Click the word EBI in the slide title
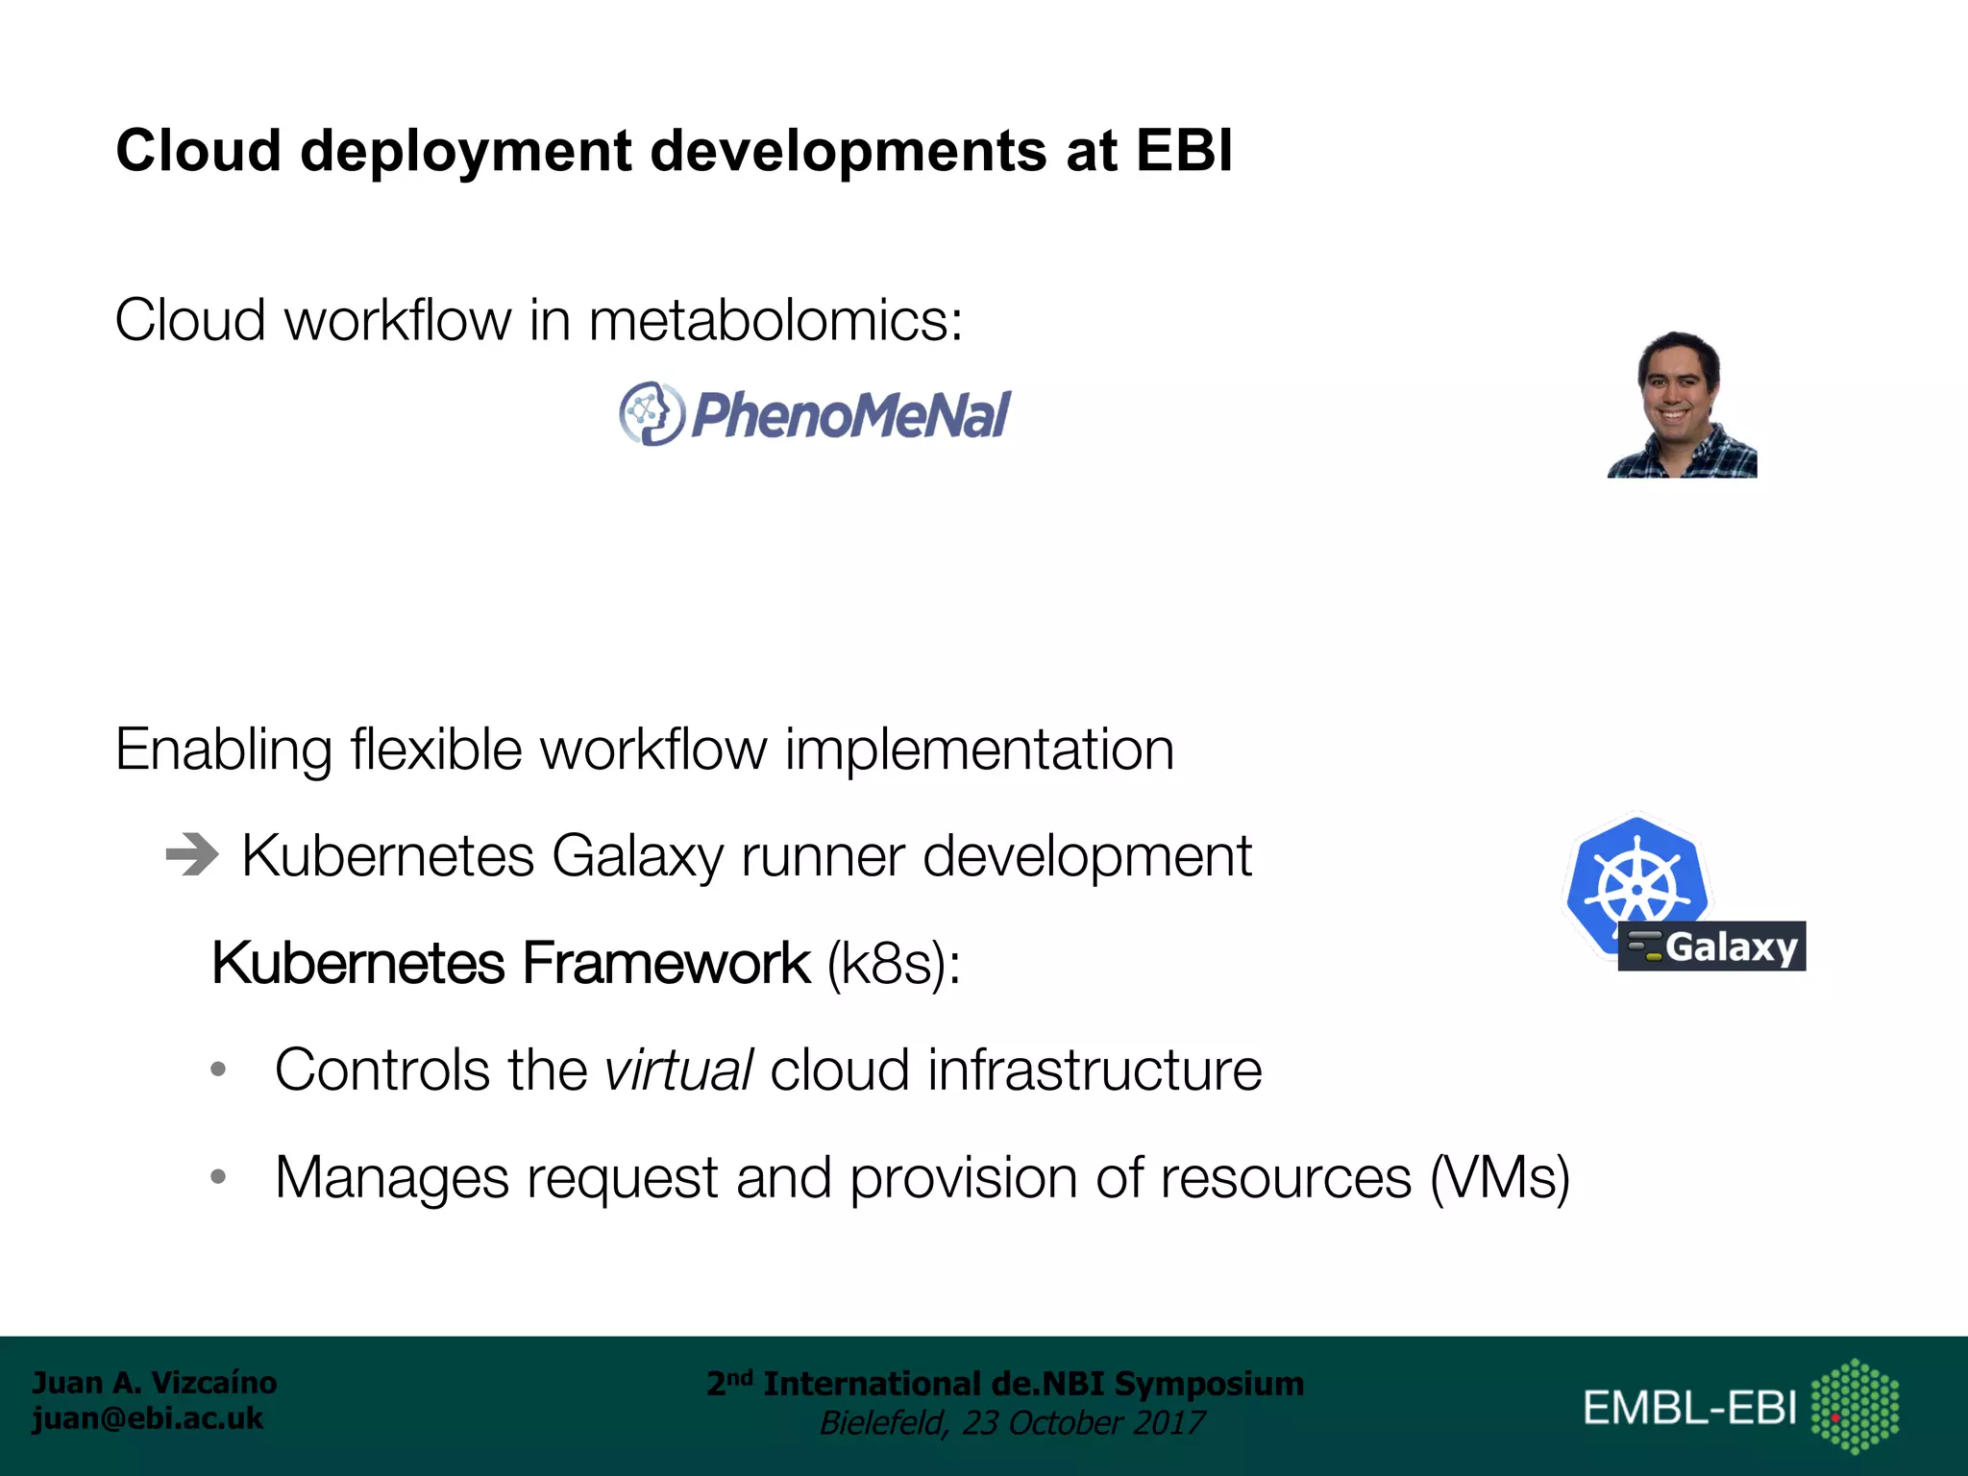(x=1184, y=151)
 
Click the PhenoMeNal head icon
(x=652, y=413)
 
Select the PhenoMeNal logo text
(x=850, y=415)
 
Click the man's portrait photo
(x=1682, y=405)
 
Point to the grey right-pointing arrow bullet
(x=192, y=854)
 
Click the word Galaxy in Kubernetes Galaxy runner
(x=637, y=855)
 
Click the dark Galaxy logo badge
(x=1711, y=947)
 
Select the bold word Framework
(x=667, y=963)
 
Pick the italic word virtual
(x=678, y=1070)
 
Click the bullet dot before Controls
(x=218, y=1069)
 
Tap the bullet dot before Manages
(x=218, y=1176)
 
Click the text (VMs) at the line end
(x=1500, y=1177)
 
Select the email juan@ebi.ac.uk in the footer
(x=147, y=1418)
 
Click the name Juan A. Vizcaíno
(x=155, y=1382)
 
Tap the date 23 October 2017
(x=1083, y=1422)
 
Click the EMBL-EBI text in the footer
(x=1689, y=1408)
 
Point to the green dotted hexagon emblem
(x=1855, y=1406)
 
